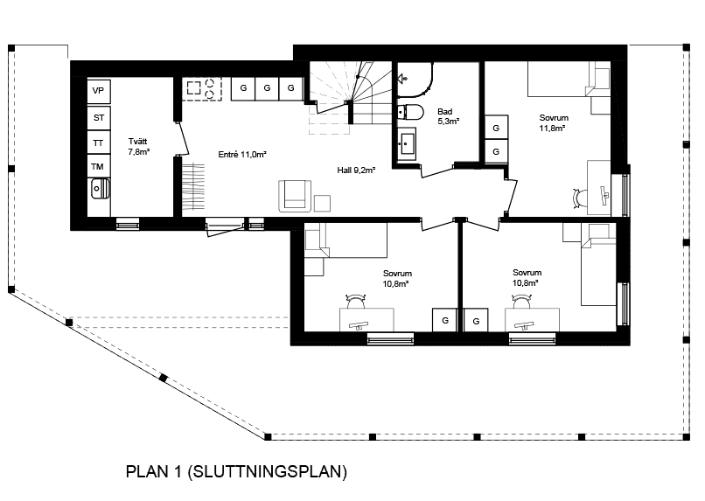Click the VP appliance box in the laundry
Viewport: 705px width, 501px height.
[x=99, y=91]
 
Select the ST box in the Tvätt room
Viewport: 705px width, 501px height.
[x=99, y=118]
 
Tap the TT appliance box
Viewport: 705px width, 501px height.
[x=99, y=143]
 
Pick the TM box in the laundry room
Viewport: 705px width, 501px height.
[x=99, y=167]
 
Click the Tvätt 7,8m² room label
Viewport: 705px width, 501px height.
[x=138, y=147]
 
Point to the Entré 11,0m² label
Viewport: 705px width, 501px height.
[x=242, y=155]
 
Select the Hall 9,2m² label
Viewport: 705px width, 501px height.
[x=356, y=170]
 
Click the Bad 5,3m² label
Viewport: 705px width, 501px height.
[x=448, y=116]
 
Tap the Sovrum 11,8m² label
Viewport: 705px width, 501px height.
[x=554, y=122]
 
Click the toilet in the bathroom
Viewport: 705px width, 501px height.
[x=410, y=112]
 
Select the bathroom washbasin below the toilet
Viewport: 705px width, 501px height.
[x=407, y=143]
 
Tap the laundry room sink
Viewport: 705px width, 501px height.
[x=101, y=189]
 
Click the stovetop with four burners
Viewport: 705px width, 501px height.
[x=203, y=89]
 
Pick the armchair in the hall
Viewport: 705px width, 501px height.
[x=295, y=196]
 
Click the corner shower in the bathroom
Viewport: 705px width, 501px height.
[x=415, y=80]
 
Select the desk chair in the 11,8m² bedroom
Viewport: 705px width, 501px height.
[x=580, y=198]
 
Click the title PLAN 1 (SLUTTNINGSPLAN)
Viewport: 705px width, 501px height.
[x=236, y=472]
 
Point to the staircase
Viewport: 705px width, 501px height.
[x=350, y=98]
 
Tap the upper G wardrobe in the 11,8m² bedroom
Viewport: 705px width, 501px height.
[x=496, y=128]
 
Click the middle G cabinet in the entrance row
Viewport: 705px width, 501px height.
[x=267, y=88]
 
